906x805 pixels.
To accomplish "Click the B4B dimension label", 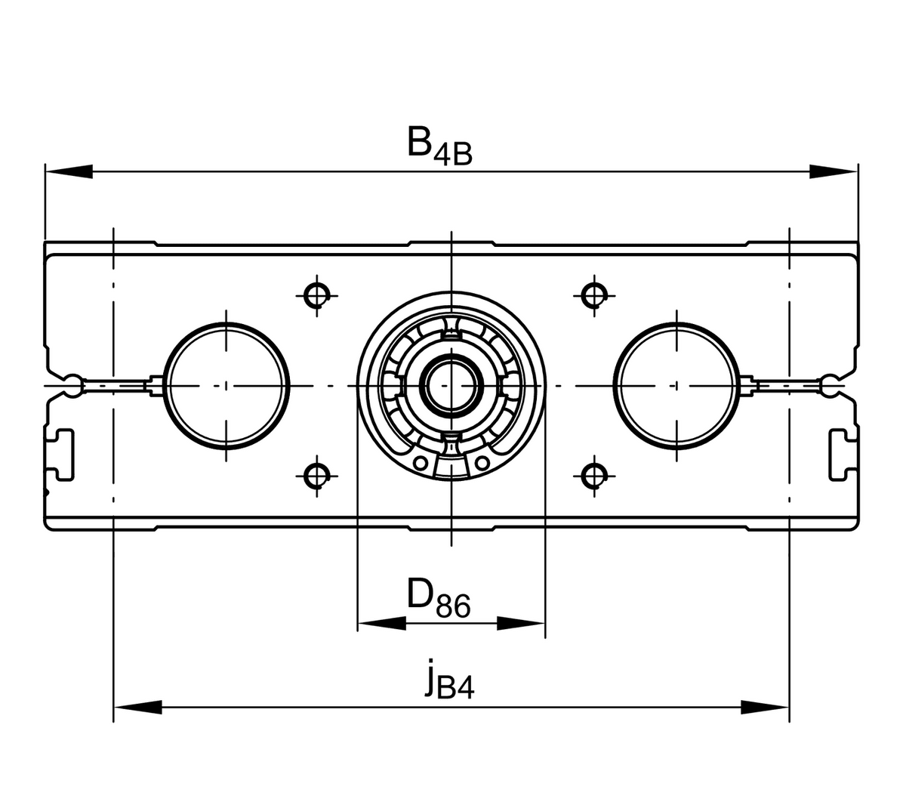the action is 439,147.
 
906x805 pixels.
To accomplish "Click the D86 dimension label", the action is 439,596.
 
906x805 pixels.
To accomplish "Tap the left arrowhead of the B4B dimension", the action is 69,171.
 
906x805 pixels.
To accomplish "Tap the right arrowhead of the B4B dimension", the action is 834,171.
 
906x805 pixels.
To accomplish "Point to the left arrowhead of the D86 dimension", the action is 382,623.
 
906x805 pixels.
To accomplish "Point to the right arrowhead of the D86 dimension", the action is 521,623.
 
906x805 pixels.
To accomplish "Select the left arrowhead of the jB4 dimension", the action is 137,707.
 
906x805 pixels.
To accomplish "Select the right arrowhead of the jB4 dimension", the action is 765,707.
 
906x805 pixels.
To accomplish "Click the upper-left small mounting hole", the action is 316,295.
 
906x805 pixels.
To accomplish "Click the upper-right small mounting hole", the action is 594,295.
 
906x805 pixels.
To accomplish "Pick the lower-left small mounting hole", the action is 316,476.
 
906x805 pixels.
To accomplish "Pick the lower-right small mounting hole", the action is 594,476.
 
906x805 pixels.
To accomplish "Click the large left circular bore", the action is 164,385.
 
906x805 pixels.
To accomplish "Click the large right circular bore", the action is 614,385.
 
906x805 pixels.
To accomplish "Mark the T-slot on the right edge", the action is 840,455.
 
